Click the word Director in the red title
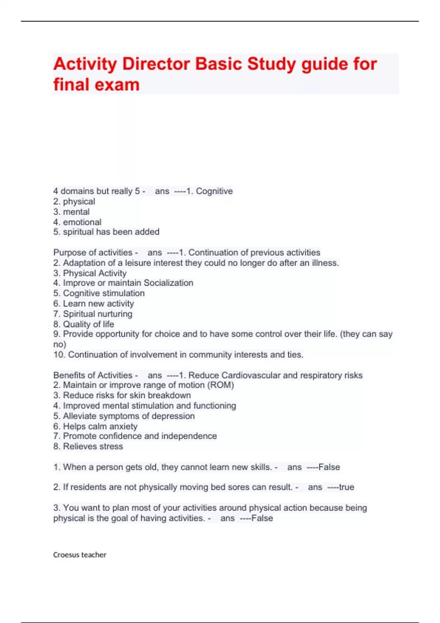pyautogui.click(x=156, y=64)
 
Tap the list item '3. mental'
pyautogui.click(x=71, y=212)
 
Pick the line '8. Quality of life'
pyautogui.click(x=84, y=324)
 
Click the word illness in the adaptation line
pyautogui.click(x=325, y=263)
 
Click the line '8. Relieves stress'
pyautogui.click(x=88, y=446)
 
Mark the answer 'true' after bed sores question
pyautogui.click(x=346, y=487)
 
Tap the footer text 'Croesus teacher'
pyautogui.click(x=80, y=555)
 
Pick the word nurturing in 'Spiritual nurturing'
pyautogui.click(x=117, y=314)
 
